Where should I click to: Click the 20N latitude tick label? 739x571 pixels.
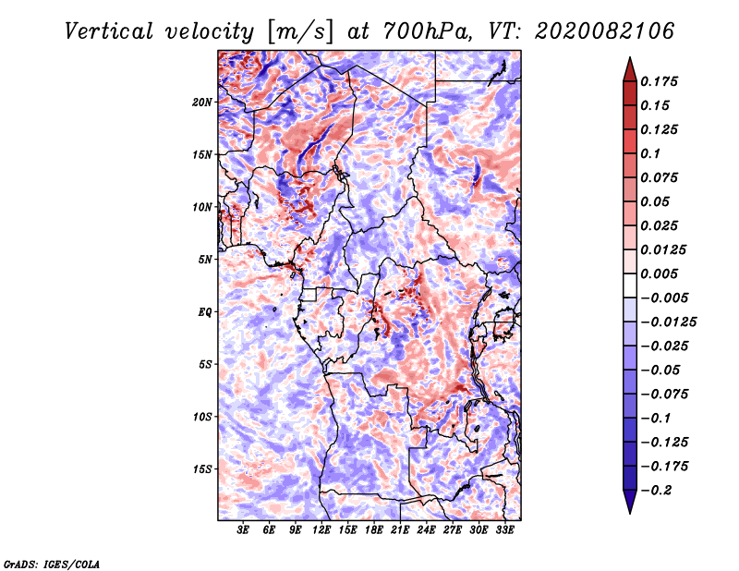[203, 102]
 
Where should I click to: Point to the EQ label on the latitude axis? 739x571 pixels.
[205, 312]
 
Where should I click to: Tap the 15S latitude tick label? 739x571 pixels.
[203, 469]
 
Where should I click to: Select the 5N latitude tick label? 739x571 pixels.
[205, 260]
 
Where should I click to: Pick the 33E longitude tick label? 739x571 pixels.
[505, 530]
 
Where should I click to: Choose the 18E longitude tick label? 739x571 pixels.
[374, 530]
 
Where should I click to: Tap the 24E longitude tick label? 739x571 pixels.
[427, 530]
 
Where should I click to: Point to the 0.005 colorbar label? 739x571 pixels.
[661, 273]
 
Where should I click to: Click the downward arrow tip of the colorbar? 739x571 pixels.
[629, 510]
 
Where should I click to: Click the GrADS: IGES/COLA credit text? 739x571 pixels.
[52, 563]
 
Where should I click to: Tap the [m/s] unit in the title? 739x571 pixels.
[296, 30]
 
